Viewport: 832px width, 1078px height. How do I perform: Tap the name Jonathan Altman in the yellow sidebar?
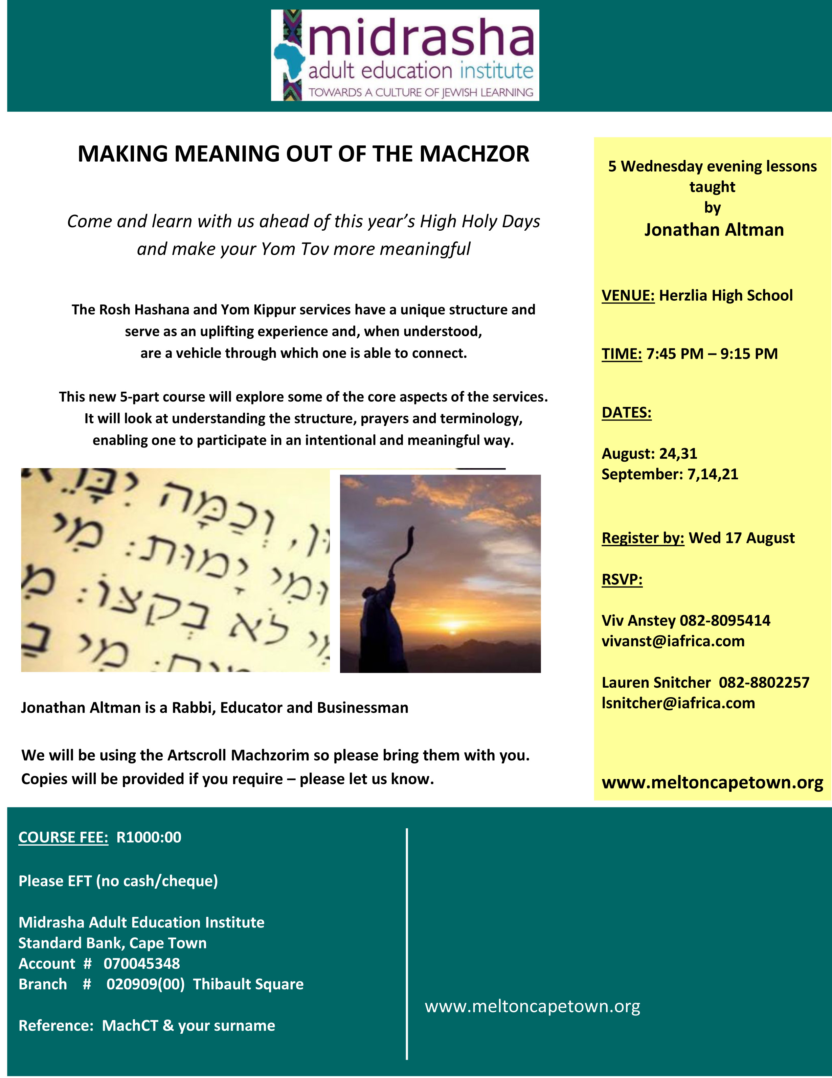click(714, 230)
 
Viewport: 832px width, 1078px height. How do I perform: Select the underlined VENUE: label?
click(628, 295)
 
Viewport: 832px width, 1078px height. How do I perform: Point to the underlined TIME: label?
click(621, 353)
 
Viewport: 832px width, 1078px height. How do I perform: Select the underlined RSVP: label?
click(622, 579)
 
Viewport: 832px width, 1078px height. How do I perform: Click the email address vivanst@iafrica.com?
click(673, 641)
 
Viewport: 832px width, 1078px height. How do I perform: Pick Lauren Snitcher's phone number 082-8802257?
click(764, 682)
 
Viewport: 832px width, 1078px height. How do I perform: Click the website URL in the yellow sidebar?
click(712, 782)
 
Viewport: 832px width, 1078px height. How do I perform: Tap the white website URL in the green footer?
click(532, 1006)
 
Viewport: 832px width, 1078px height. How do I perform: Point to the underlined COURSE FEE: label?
click(63, 837)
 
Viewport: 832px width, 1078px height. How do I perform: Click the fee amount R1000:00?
click(149, 837)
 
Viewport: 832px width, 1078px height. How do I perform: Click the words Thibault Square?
click(248, 984)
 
